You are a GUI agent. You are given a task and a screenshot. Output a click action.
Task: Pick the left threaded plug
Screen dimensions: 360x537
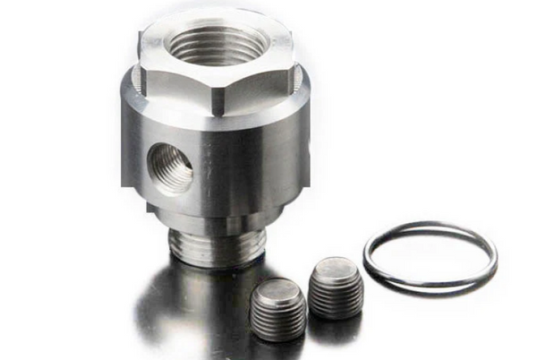(x=277, y=309)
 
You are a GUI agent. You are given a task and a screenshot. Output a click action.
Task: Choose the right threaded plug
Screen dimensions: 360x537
(x=336, y=287)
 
